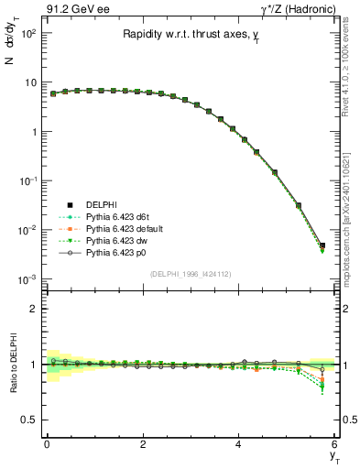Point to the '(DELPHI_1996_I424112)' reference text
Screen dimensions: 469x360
pos(190,274)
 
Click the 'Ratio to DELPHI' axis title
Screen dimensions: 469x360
pos(13,365)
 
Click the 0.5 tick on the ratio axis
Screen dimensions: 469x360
pos(29,420)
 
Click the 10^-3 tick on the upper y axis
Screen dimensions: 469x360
pos(27,278)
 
